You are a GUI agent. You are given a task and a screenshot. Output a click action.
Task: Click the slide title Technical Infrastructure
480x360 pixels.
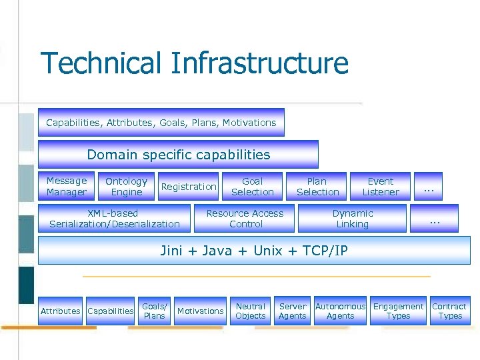194,63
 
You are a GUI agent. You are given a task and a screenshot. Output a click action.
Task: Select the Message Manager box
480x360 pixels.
67,187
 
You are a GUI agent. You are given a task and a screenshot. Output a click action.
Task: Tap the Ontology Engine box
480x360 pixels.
126,187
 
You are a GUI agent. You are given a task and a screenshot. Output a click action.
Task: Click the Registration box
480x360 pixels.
189,187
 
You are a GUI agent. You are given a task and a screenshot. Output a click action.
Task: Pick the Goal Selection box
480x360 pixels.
252,187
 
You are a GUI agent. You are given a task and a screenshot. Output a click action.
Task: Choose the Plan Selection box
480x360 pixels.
317,187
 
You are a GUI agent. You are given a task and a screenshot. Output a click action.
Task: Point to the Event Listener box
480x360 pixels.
381,187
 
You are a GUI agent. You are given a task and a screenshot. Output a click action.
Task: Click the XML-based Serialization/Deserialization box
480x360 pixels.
115,219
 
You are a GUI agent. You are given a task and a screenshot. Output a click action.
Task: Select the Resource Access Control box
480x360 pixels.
245,219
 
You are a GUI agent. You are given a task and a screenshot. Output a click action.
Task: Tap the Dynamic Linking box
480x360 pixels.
352,219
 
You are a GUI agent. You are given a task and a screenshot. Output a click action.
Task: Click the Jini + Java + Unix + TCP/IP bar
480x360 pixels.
254,251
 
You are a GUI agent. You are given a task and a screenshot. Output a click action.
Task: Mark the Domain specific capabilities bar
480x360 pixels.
178,155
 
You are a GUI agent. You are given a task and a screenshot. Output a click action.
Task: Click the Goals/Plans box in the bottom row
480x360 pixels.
154,311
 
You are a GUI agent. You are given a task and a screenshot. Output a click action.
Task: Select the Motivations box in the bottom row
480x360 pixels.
200,311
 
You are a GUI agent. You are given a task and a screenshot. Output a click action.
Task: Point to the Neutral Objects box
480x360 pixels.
251,311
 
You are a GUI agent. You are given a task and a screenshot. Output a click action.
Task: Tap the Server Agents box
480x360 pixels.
293,311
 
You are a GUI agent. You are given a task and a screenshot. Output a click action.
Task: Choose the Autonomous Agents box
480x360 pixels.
340,311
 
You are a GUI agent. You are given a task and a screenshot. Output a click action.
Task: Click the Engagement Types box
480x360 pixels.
398,311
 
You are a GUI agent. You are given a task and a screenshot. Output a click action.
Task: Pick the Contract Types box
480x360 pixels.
449,311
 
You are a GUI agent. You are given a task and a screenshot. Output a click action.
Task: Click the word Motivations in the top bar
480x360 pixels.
249,123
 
